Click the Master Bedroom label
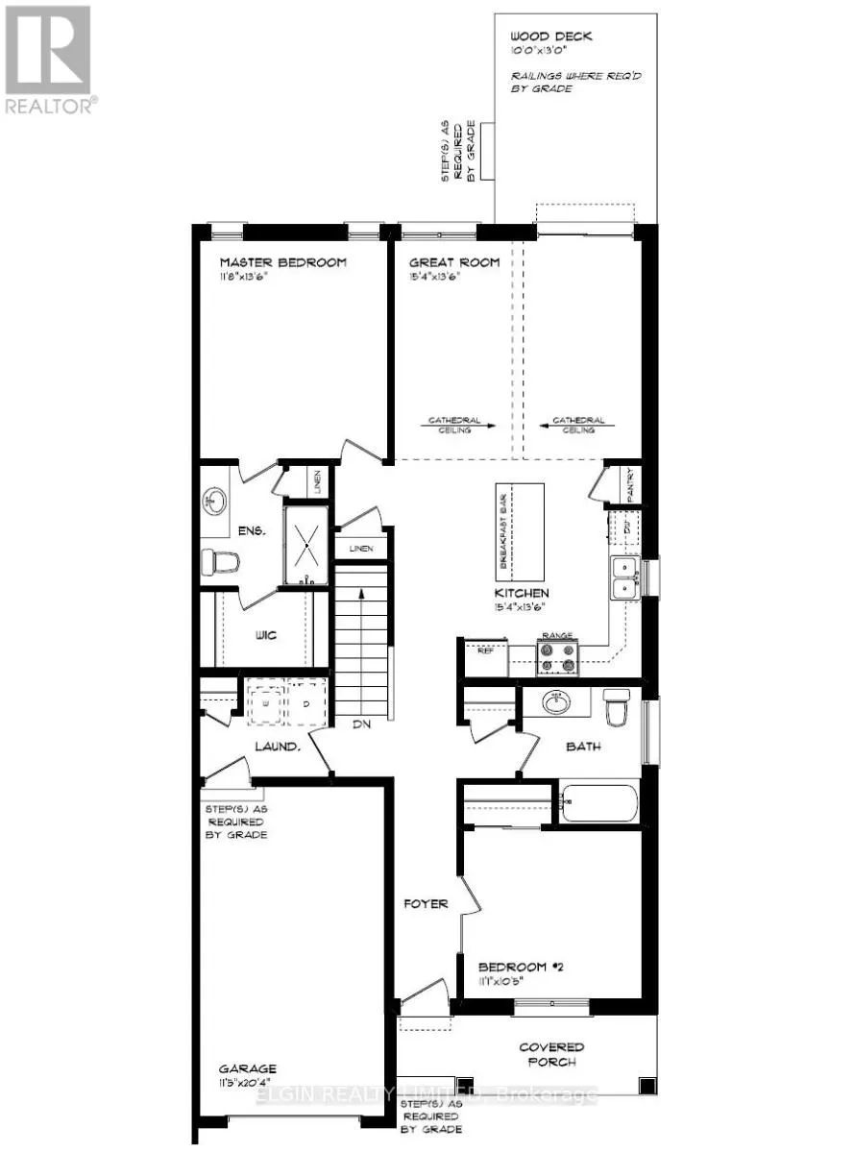pyautogui.click(x=282, y=262)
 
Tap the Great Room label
pyautogui.click(x=454, y=262)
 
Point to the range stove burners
pyautogui.click(x=558, y=656)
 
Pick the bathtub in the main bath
pyautogui.click(x=599, y=802)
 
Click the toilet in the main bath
pyautogui.click(x=616, y=707)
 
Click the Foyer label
pyautogui.click(x=425, y=904)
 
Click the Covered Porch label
pyautogui.click(x=577, y=1054)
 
